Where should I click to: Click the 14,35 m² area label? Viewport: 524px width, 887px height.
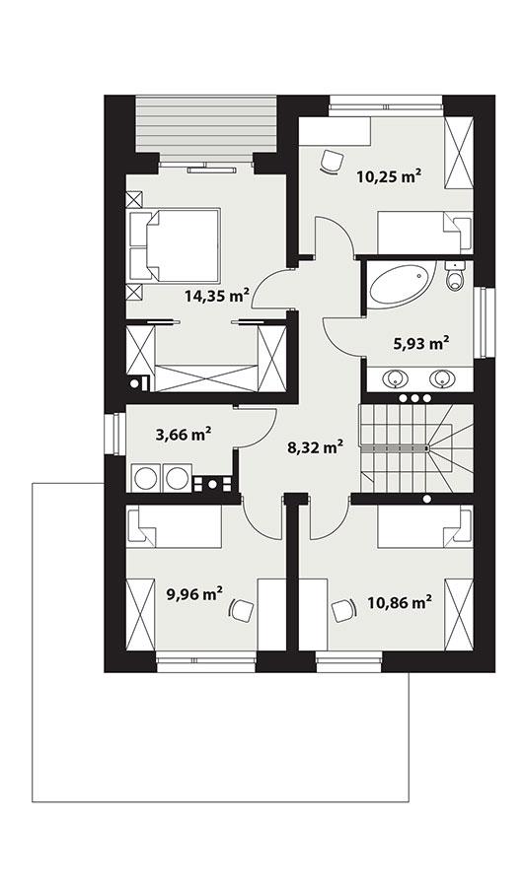(215, 294)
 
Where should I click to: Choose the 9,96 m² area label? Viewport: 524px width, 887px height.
(192, 594)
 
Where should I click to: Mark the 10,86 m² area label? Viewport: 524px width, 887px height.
(403, 601)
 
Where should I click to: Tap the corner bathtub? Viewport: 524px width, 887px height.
(398, 286)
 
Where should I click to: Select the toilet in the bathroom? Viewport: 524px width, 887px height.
(455, 278)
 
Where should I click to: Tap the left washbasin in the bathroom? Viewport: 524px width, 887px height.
(397, 377)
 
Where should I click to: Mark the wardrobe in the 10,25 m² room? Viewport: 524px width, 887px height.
(458, 153)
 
